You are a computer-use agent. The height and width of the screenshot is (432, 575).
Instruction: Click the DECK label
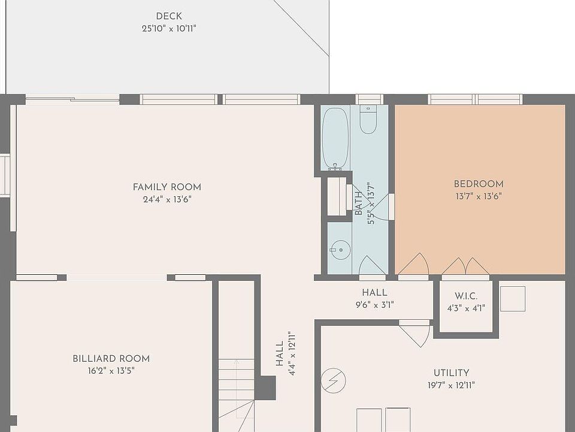tap(169, 16)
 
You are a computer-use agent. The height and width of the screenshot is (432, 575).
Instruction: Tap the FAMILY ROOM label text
tap(167, 187)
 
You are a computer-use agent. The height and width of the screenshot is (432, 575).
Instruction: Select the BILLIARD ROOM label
tap(111, 359)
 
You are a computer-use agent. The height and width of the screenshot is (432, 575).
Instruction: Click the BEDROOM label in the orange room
tap(479, 184)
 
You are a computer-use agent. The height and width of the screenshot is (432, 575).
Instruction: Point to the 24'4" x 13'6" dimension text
tap(167, 200)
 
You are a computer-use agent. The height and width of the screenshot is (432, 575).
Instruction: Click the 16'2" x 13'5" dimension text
tap(111, 371)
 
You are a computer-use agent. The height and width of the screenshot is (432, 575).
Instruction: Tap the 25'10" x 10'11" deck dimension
tap(169, 28)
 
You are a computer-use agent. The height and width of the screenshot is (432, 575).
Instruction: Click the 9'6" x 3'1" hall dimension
tap(374, 305)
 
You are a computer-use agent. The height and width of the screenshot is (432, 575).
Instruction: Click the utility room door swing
tap(415, 334)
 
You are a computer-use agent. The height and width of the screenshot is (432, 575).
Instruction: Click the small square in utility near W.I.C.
tap(512, 299)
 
